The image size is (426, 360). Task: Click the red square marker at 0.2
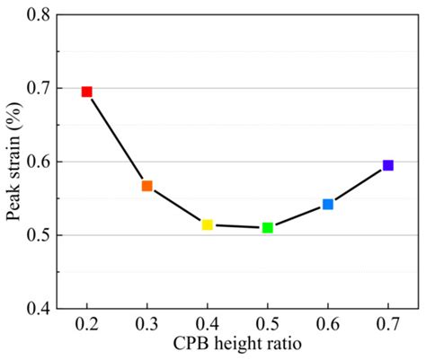[87, 92]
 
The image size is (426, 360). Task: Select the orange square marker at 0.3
[147, 186]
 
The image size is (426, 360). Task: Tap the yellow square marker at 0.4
[208, 224]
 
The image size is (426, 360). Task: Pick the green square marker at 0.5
[268, 228]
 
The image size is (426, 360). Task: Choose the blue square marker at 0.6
[328, 205]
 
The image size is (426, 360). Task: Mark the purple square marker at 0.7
[388, 165]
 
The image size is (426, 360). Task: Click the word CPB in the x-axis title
[191, 344]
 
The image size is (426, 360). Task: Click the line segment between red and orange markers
[117, 138]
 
